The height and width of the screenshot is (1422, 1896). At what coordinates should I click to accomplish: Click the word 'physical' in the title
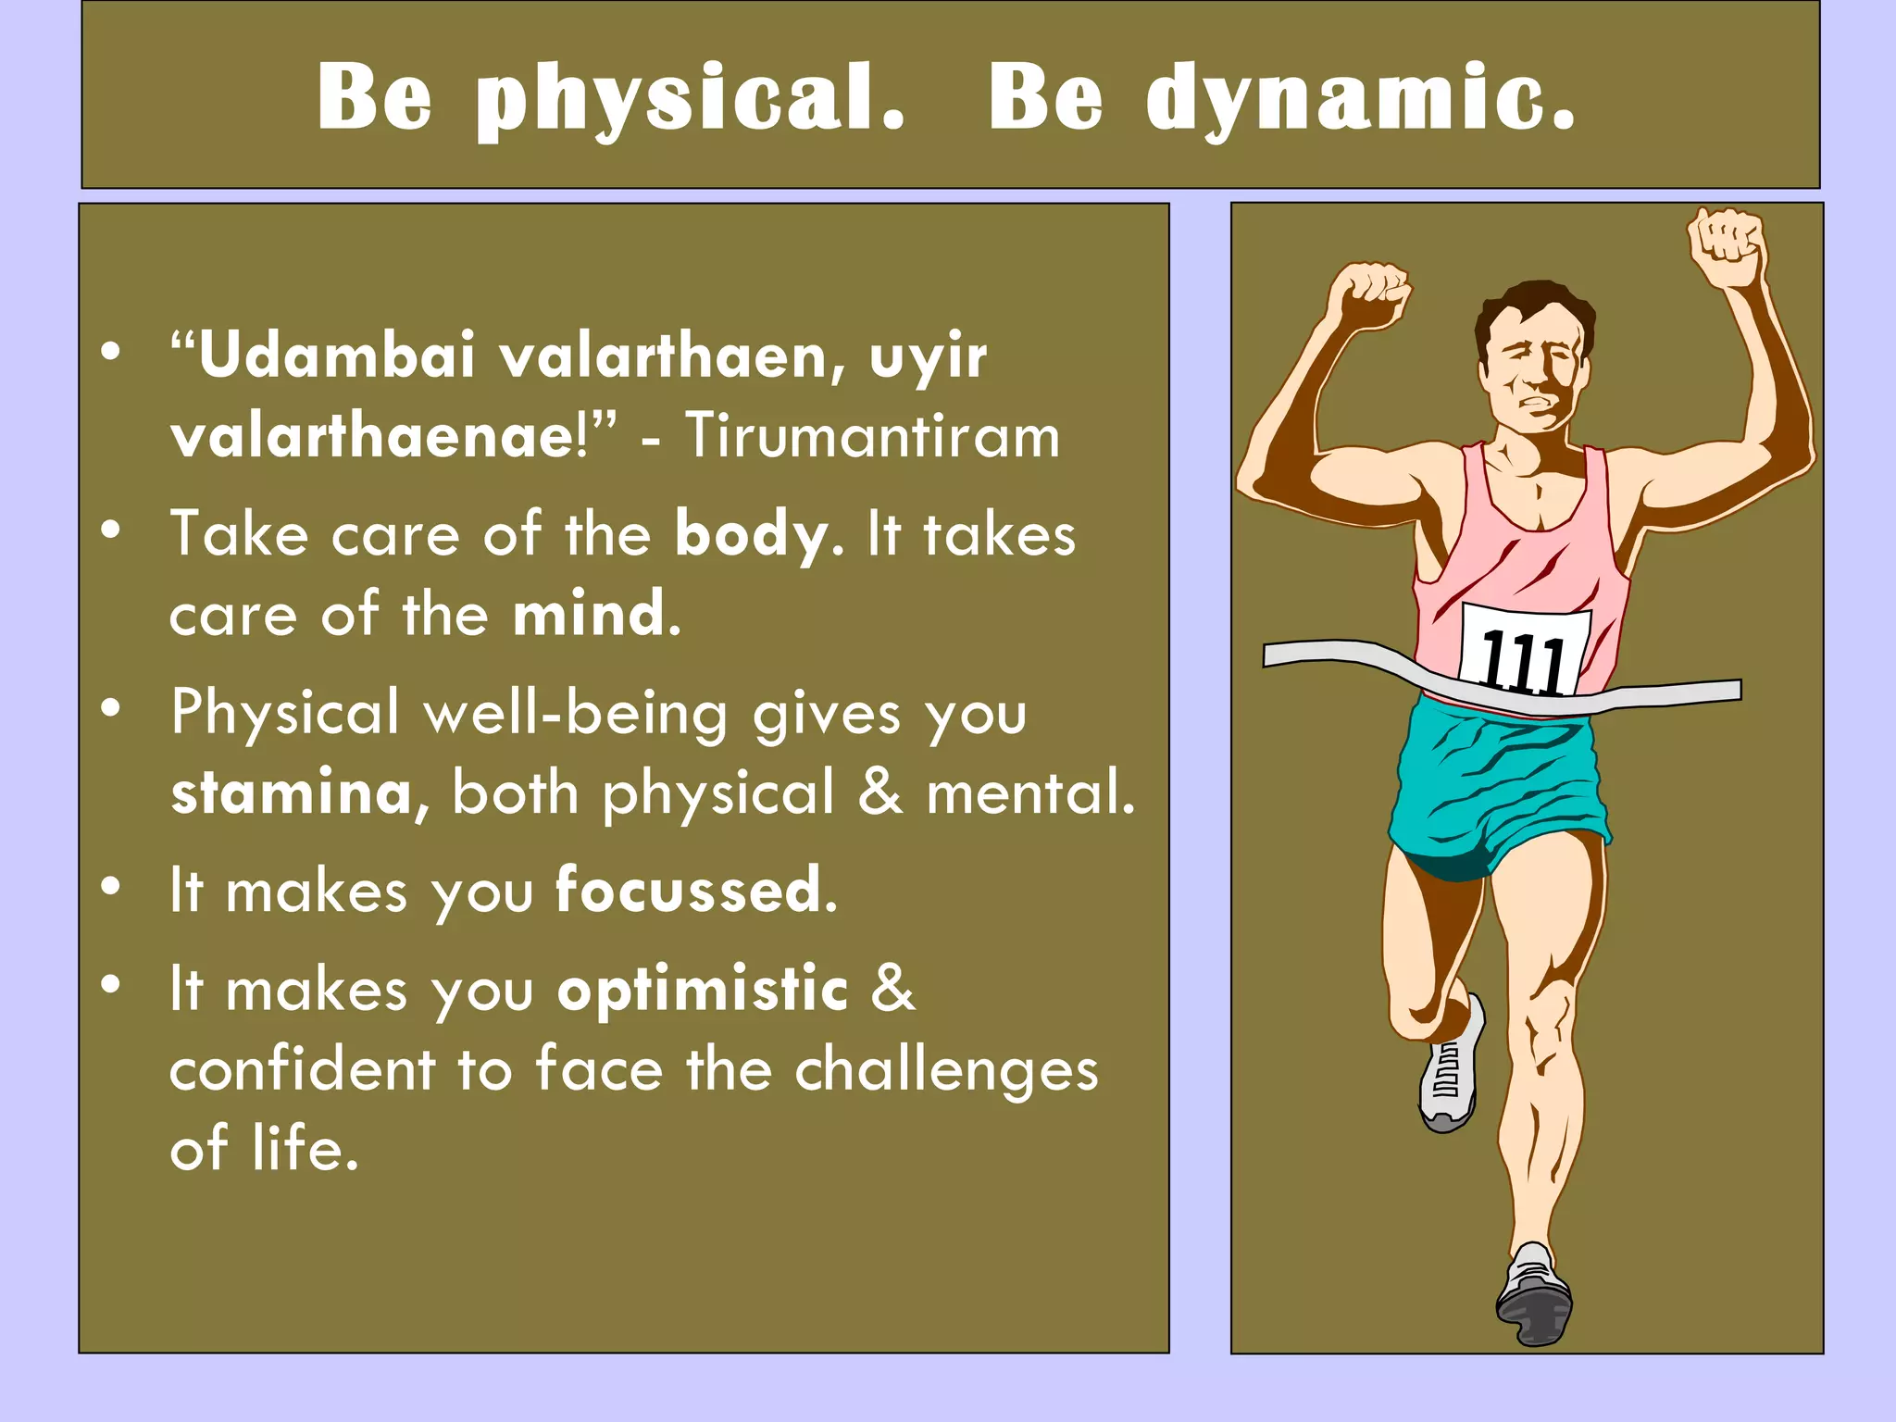pyautogui.click(x=690, y=98)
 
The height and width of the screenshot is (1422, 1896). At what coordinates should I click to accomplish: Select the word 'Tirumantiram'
pyautogui.click(x=872, y=435)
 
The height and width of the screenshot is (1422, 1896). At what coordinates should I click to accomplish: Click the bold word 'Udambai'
pyautogui.click(x=337, y=355)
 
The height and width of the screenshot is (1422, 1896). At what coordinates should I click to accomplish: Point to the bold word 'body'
pyautogui.click(x=751, y=534)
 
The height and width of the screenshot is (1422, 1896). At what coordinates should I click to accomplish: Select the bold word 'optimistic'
pyautogui.click(x=703, y=988)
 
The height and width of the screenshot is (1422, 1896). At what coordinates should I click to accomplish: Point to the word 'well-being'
pyautogui.click(x=575, y=713)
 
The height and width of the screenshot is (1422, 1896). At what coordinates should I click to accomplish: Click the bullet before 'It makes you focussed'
pyautogui.click(x=111, y=887)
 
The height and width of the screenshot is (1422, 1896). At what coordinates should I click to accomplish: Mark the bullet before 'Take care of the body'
pyautogui.click(x=111, y=530)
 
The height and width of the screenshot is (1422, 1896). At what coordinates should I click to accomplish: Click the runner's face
pyautogui.click(x=1532, y=366)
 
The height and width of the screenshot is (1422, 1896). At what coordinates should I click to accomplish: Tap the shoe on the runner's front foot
pyautogui.click(x=1534, y=1296)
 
